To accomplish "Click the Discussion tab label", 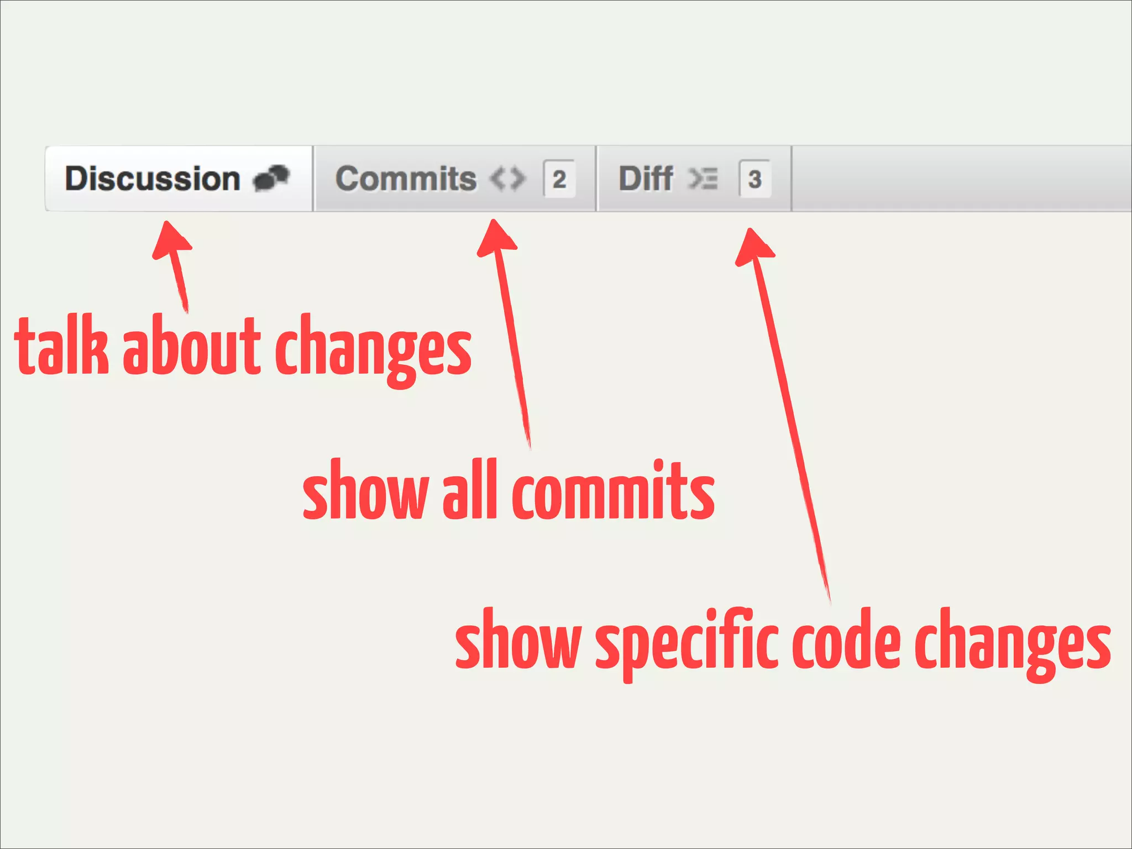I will click(153, 179).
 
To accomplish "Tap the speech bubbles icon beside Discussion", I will click(271, 178).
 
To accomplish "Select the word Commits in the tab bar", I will click(406, 179).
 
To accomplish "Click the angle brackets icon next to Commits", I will click(507, 179).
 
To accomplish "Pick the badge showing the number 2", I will click(559, 179).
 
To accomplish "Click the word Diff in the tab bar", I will click(646, 179).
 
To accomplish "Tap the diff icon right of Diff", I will click(703, 179).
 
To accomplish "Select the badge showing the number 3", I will click(754, 179).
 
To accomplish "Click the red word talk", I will click(61, 347).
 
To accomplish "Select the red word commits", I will click(613, 491).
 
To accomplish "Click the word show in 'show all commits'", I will click(366, 491).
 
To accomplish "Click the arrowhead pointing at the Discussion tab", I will click(171, 240).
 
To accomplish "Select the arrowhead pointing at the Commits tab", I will click(496, 238).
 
